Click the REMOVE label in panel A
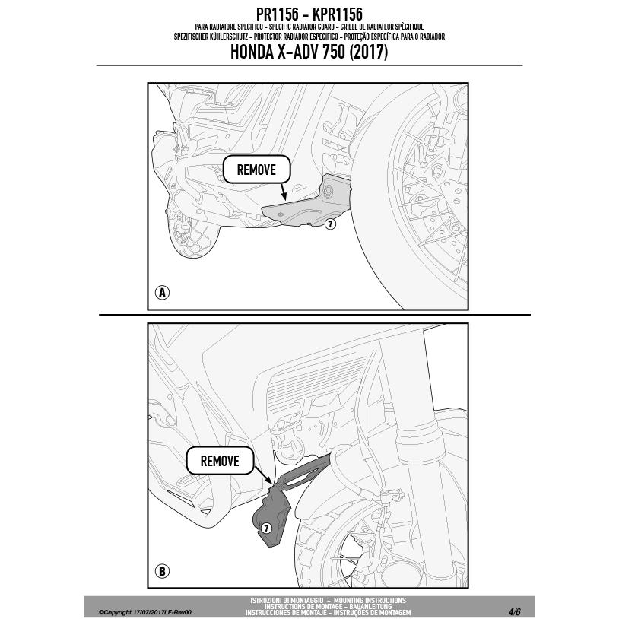click(256, 170)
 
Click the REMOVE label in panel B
click(219, 461)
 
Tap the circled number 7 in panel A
click(329, 224)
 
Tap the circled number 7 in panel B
click(266, 528)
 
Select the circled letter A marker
click(162, 293)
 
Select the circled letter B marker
click(162, 571)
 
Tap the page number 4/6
click(515, 611)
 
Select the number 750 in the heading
click(326, 52)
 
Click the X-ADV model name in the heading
click(292, 52)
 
